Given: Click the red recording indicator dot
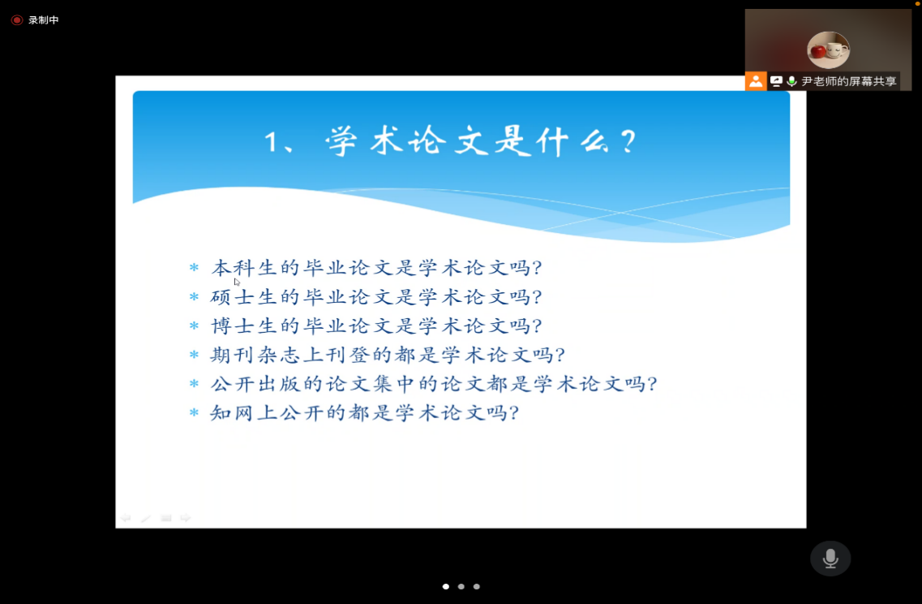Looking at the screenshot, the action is click(x=17, y=20).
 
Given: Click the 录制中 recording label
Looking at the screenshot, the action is click(x=44, y=20).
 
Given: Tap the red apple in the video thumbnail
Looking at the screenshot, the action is click(x=818, y=52).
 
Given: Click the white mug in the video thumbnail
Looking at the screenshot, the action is click(x=835, y=50).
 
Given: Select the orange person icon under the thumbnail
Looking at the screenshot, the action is click(x=756, y=81).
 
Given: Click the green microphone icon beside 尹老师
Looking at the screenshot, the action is click(x=792, y=81).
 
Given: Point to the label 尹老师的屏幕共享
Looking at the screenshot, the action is click(x=849, y=81).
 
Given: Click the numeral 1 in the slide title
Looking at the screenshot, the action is click(x=271, y=142).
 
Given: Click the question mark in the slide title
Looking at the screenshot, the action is click(x=628, y=142).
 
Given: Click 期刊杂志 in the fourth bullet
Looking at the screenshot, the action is click(x=255, y=355).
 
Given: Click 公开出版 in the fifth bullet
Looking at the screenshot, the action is click(x=255, y=384).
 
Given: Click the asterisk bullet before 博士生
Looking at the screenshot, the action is click(x=194, y=326).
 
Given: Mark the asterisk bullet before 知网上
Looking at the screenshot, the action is click(x=194, y=412).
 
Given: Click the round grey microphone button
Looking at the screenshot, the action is click(x=830, y=558).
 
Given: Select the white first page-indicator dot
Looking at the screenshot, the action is click(x=446, y=586).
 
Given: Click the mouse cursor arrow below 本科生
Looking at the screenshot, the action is click(x=237, y=282).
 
